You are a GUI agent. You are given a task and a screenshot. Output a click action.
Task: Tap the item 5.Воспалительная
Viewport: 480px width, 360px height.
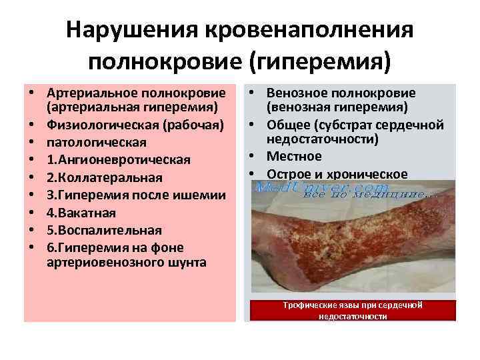tap(105, 230)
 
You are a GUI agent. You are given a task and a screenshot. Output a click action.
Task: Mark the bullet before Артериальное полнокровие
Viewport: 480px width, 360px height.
tap(31, 91)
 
